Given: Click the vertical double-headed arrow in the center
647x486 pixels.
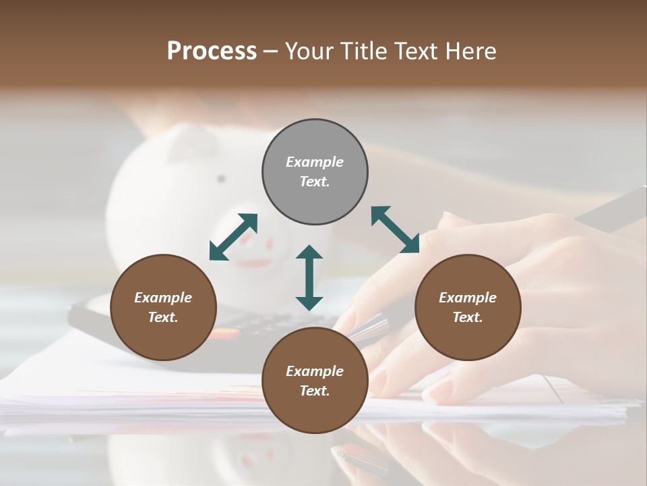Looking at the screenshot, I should [x=309, y=277].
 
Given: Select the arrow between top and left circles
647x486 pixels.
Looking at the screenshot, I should [x=233, y=236].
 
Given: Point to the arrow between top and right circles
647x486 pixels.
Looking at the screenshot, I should [x=395, y=230].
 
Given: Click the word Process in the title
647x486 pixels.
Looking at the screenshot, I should [x=212, y=51].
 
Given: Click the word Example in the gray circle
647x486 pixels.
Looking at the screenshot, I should [x=315, y=162].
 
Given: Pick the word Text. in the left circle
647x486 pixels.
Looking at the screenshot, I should [x=163, y=317].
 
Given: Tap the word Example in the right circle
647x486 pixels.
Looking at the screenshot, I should [x=468, y=298].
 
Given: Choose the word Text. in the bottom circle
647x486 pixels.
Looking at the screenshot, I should [x=315, y=391].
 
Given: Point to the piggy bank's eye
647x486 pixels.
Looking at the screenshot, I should [x=220, y=179].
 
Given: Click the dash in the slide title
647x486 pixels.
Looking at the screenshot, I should [x=271, y=51].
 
